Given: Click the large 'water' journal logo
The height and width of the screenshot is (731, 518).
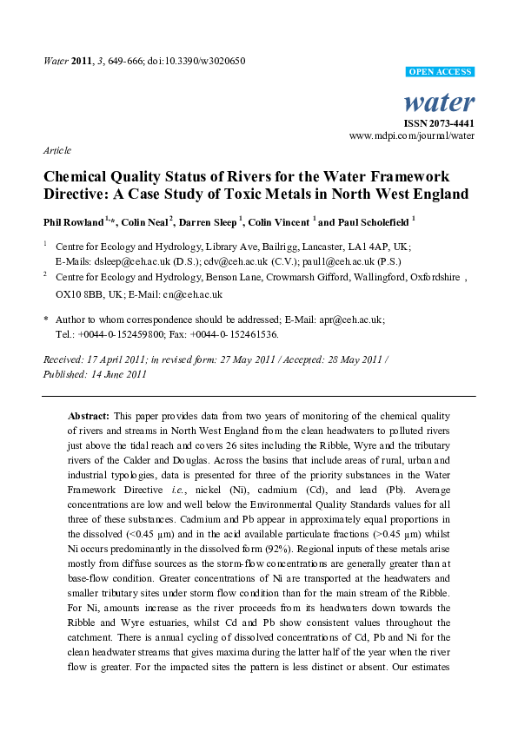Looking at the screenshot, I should (440, 103).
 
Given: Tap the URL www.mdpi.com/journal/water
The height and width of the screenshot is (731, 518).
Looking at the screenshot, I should (412, 135).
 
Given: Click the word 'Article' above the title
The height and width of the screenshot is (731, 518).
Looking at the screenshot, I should (56, 150).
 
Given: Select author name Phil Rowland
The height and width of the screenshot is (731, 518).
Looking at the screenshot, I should (73, 221).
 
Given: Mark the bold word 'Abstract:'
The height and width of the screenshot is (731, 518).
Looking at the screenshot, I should (89, 416).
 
